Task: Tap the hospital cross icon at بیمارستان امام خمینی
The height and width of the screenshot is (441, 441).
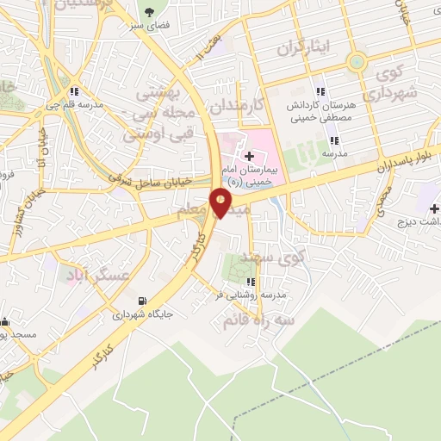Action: pos(250,156)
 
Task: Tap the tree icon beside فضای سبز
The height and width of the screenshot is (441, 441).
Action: pos(151,13)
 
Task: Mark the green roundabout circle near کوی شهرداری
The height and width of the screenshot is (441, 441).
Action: pos(356,62)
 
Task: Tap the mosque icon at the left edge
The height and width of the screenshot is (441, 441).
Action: pos(5,321)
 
